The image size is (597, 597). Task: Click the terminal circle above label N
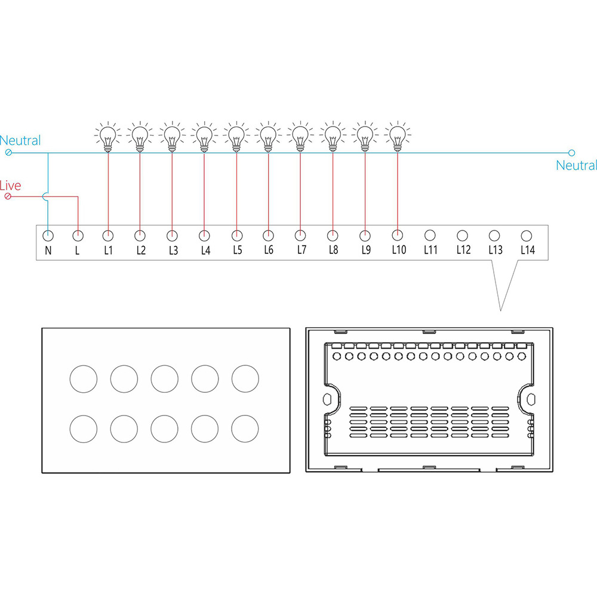[48, 236]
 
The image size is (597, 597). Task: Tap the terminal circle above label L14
[526, 236]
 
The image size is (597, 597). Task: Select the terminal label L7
[301, 250]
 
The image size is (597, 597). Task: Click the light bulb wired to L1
[107, 136]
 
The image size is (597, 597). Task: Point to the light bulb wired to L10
[398, 136]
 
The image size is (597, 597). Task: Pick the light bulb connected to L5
[236, 136]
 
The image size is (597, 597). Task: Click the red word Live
[10, 186]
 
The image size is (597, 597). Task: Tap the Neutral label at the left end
[20, 140]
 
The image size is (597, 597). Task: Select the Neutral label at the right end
[576, 165]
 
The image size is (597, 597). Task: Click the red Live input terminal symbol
[8, 196]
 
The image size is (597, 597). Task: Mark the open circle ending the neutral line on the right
[571, 153]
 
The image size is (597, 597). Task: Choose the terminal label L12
[463, 250]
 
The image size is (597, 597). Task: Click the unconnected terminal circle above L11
[430, 236]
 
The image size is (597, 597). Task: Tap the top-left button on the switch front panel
[84, 379]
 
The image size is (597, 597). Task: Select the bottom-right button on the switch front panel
[245, 429]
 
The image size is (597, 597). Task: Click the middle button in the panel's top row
[165, 379]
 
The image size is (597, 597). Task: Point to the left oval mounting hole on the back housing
[327, 399]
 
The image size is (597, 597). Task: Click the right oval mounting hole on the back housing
[531, 399]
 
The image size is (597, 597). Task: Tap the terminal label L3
[173, 250]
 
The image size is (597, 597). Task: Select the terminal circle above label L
[78, 236]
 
